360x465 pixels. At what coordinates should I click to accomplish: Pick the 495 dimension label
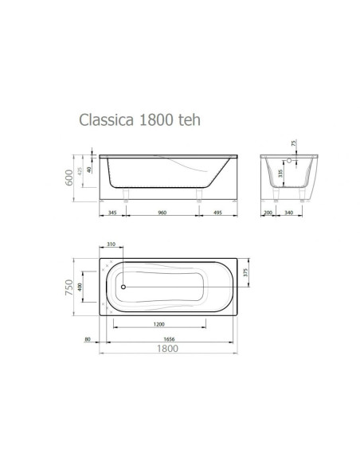(218, 213)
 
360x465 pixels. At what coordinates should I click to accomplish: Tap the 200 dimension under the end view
(268, 213)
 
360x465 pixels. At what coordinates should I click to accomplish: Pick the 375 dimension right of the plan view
(248, 272)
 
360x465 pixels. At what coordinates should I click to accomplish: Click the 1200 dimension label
(160, 324)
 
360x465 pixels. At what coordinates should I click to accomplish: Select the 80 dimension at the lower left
(87, 338)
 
